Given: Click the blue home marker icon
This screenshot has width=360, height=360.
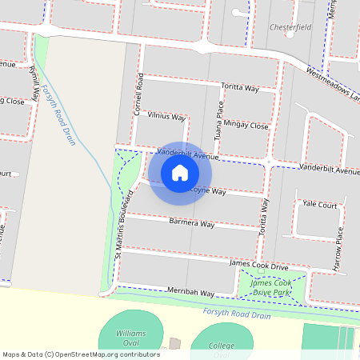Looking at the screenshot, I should click(180, 173).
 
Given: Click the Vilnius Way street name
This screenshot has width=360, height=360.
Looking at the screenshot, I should click(166, 116).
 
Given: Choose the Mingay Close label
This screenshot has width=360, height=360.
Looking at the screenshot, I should click(247, 125).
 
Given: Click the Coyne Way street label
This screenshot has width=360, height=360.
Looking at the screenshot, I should click(207, 192).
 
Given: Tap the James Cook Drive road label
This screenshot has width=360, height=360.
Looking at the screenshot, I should click(258, 264).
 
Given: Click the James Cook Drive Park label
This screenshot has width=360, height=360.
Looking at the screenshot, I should click(272, 287).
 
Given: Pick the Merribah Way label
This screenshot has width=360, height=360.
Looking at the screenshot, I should click(190, 294).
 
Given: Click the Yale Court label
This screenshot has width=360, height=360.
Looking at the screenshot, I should click(318, 204).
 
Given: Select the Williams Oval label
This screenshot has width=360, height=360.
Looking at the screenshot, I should click(130, 337).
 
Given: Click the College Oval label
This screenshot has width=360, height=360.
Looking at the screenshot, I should click(222, 350).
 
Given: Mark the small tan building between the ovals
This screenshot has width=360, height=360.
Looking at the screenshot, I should click(175, 344).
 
